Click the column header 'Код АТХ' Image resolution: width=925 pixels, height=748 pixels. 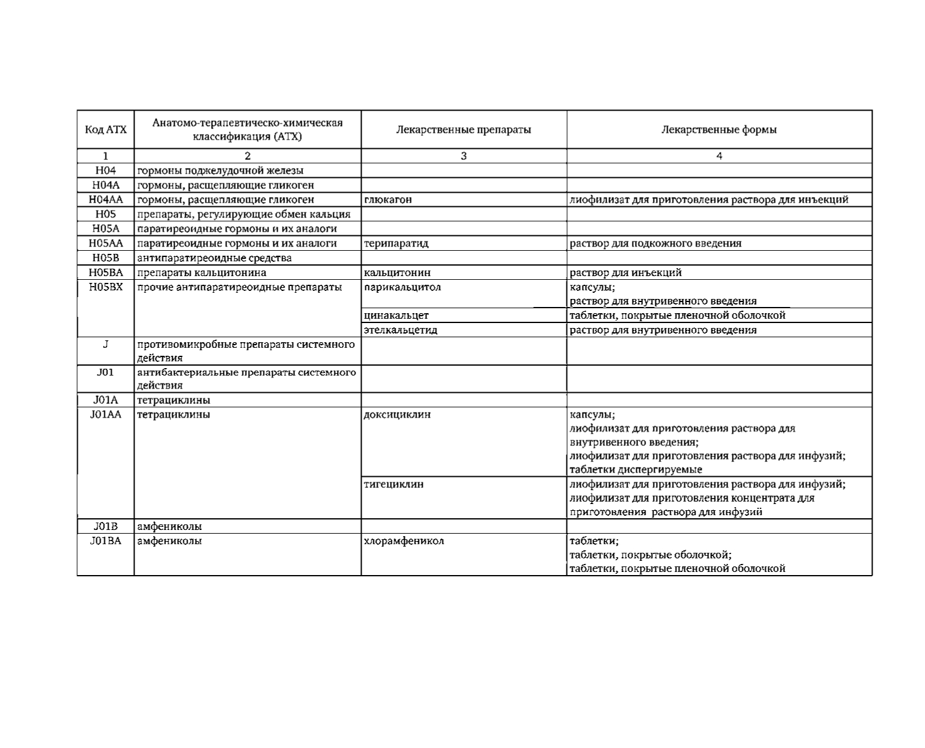pos(106,130)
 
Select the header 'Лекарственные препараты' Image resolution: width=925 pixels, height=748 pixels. pos(463,130)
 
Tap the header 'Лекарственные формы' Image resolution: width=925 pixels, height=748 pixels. pos(719,130)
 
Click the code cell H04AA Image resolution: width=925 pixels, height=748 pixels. pos(106,200)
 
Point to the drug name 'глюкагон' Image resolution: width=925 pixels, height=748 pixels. pos(388,200)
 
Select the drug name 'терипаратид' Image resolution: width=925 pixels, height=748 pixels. pos(396,243)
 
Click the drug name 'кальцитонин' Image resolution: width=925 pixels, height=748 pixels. pos(397,272)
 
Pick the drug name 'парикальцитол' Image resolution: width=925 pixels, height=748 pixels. pos(402,287)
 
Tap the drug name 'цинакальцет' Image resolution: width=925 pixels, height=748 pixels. pos(396,316)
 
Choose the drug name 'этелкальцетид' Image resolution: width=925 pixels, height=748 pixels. pos(400,330)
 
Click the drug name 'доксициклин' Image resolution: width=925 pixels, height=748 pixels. pos(397,414)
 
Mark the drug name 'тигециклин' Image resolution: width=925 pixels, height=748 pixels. pos(394,484)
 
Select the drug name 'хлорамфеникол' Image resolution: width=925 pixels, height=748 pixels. pos(404,541)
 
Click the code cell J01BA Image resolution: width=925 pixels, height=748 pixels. pos(106,541)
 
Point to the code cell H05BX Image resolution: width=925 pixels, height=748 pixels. pos(106,287)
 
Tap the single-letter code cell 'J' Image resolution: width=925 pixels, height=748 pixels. pos(106,344)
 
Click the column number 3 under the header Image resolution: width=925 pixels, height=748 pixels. pos(463,156)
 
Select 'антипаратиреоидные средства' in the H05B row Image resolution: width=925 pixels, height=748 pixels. pos(214,258)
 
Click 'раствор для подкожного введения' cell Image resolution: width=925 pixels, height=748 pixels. pos(655,243)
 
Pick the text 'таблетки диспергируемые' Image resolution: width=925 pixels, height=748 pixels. pos(636,469)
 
